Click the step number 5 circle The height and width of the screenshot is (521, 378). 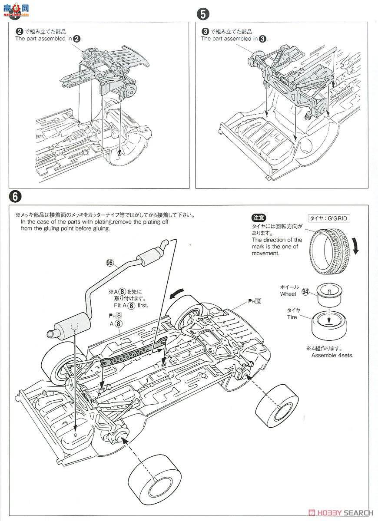coord(202,14)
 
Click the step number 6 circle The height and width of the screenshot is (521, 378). coord(15,196)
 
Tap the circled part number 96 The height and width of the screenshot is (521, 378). coord(109,262)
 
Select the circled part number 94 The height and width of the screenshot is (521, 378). coord(305,292)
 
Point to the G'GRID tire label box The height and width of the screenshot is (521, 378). coord(329,218)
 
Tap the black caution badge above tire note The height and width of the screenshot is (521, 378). coord(259,218)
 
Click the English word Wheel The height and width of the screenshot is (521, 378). coord(288,294)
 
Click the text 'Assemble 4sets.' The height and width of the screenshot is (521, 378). coord(332,355)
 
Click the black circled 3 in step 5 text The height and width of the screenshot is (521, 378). coord(262,39)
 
